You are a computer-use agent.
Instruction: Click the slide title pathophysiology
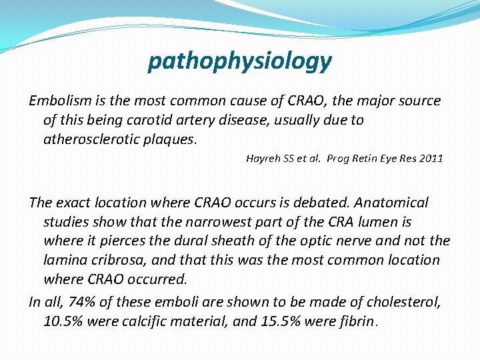click(x=239, y=61)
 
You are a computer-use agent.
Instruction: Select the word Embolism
click(x=57, y=101)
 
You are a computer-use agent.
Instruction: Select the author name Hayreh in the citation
click(x=263, y=159)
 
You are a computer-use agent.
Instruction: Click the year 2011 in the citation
click(x=430, y=159)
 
